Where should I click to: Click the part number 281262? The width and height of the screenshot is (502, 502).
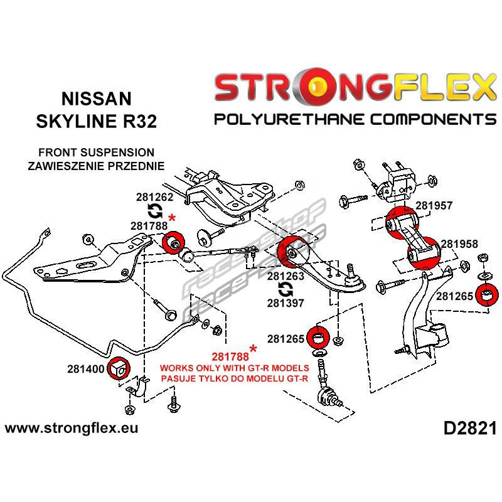154,197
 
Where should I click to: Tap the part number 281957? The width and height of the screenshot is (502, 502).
434,205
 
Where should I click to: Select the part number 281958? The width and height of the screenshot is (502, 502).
459,244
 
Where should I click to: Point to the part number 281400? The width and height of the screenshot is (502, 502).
86,369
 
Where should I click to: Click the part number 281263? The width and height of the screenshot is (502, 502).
286,276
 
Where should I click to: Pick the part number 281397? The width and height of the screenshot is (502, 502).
286,303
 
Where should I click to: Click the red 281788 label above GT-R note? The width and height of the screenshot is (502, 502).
230,356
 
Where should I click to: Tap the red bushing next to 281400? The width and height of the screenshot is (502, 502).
118,368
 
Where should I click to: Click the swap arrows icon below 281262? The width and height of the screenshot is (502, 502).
155,211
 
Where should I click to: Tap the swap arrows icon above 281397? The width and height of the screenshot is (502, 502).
286,289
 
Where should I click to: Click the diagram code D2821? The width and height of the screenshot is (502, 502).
470,429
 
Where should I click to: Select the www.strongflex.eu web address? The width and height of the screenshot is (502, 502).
72,428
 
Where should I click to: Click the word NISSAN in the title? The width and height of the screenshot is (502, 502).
97,99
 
